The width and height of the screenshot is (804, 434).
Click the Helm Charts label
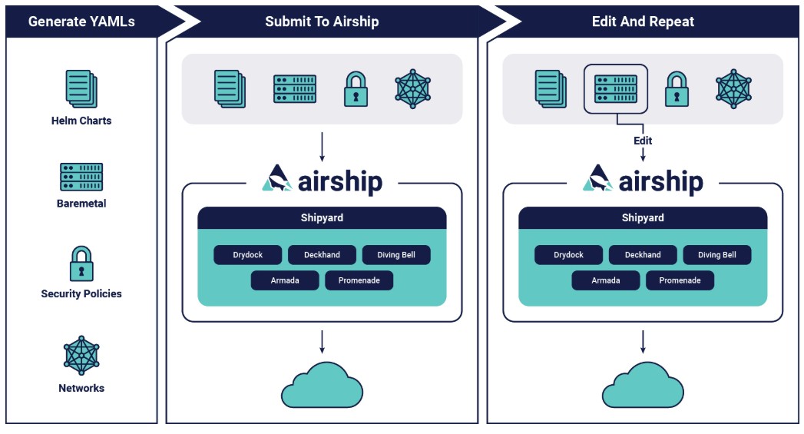tap(81, 121)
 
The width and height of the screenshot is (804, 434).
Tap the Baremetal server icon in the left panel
tap(81, 177)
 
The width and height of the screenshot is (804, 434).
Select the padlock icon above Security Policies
tap(81, 263)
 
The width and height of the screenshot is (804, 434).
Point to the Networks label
tap(81, 388)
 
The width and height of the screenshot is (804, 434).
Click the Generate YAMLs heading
tap(81, 22)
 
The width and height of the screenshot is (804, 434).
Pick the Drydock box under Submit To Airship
tap(248, 255)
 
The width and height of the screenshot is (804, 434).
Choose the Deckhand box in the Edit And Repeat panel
tap(643, 255)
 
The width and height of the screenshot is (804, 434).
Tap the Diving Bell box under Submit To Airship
tap(396, 255)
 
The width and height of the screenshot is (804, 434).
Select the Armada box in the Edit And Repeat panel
tap(606, 280)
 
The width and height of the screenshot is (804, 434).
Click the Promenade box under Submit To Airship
tap(359, 280)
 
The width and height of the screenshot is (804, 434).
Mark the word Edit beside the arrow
tap(643, 141)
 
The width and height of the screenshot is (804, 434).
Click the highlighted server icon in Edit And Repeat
tap(616, 89)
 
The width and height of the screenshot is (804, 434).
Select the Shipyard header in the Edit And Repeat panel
tap(643, 217)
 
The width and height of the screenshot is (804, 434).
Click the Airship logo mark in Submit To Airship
tap(277, 178)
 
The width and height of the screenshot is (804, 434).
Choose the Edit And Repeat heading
tap(643, 22)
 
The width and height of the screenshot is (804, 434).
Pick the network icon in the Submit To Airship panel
tap(413, 89)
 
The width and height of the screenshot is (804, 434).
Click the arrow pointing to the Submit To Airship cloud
tap(322, 342)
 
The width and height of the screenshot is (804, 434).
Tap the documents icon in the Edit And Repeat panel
tap(551, 89)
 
